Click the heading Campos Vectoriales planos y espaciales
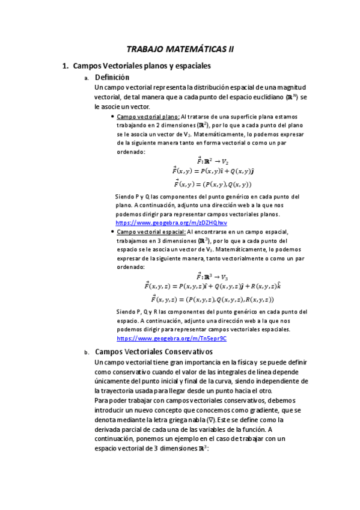[141, 66]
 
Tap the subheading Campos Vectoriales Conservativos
[154, 352]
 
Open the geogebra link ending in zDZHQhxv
[171, 223]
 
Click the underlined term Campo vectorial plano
[144, 117]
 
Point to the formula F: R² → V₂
[212, 161]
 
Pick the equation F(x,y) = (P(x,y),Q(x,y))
[212, 184]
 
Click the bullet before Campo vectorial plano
[112, 117]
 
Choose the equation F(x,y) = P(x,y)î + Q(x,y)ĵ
[212, 172]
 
